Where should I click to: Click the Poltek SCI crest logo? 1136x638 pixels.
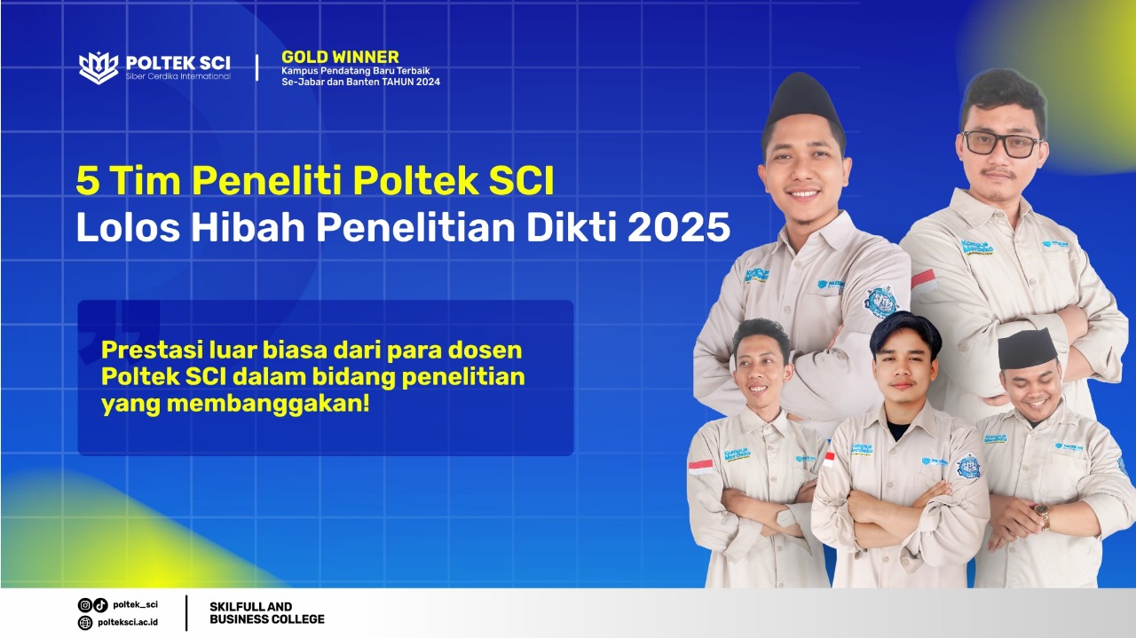point(99,68)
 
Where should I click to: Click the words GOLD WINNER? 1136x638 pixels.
point(340,57)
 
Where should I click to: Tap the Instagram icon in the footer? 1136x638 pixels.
point(84,604)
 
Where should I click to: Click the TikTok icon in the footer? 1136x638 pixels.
point(100,604)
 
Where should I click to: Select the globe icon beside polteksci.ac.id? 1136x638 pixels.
point(85,622)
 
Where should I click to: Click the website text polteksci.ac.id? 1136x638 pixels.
point(128,622)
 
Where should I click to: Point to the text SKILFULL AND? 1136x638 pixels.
point(251,607)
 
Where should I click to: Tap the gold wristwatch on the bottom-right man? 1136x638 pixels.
point(1041,516)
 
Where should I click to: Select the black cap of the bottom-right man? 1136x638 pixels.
point(1028,348)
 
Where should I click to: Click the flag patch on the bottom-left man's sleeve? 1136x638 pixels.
point(700,467)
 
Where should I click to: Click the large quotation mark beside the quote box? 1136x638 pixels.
point(119,330)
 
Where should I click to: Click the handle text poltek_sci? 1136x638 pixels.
point(136,604)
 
